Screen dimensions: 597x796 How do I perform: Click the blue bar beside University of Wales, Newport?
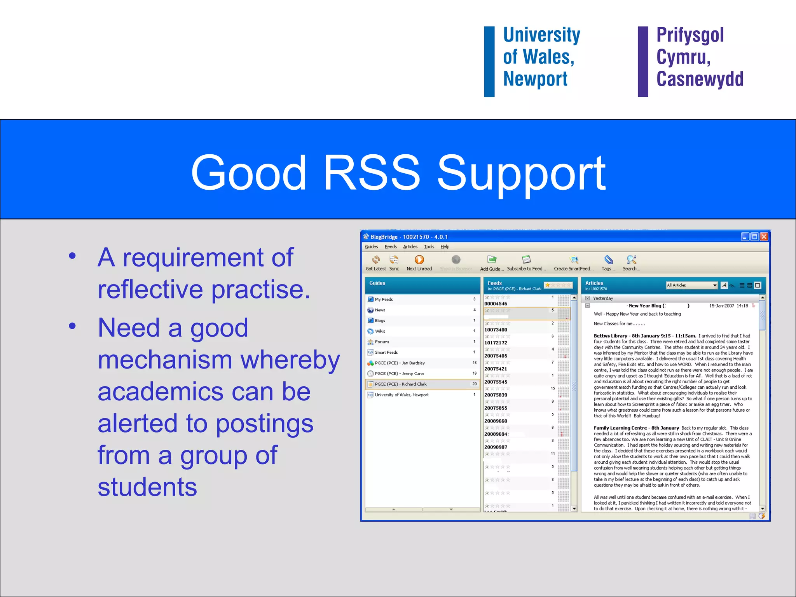(x=489, y=61)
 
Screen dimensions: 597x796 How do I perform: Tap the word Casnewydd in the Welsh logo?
(x=700, y=79)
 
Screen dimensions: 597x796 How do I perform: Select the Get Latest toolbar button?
(x=375, y=263)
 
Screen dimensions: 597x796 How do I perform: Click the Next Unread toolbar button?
(x=419, y=263)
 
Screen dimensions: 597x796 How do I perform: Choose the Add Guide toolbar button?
(x=492, y=263)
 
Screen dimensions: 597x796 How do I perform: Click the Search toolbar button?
(x=631, y=263)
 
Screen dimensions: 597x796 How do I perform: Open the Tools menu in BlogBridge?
(x=429, y=247)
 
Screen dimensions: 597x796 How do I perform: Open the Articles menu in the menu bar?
(x=410, y=247)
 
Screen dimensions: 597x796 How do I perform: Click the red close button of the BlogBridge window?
(x=764, y=237)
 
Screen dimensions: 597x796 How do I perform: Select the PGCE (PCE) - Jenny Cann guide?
(x=399, y=374)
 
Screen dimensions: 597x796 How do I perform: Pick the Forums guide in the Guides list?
(x=382, y=342)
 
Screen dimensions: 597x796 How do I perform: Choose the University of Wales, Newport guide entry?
(x=401, y=395)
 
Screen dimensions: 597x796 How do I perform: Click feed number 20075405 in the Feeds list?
(x=496, y=356)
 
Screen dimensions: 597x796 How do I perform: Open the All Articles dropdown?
(x=691, y=285)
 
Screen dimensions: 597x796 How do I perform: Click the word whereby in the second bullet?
(x=290, y=360)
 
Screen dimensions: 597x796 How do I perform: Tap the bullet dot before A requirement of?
(x=72, y=256)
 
